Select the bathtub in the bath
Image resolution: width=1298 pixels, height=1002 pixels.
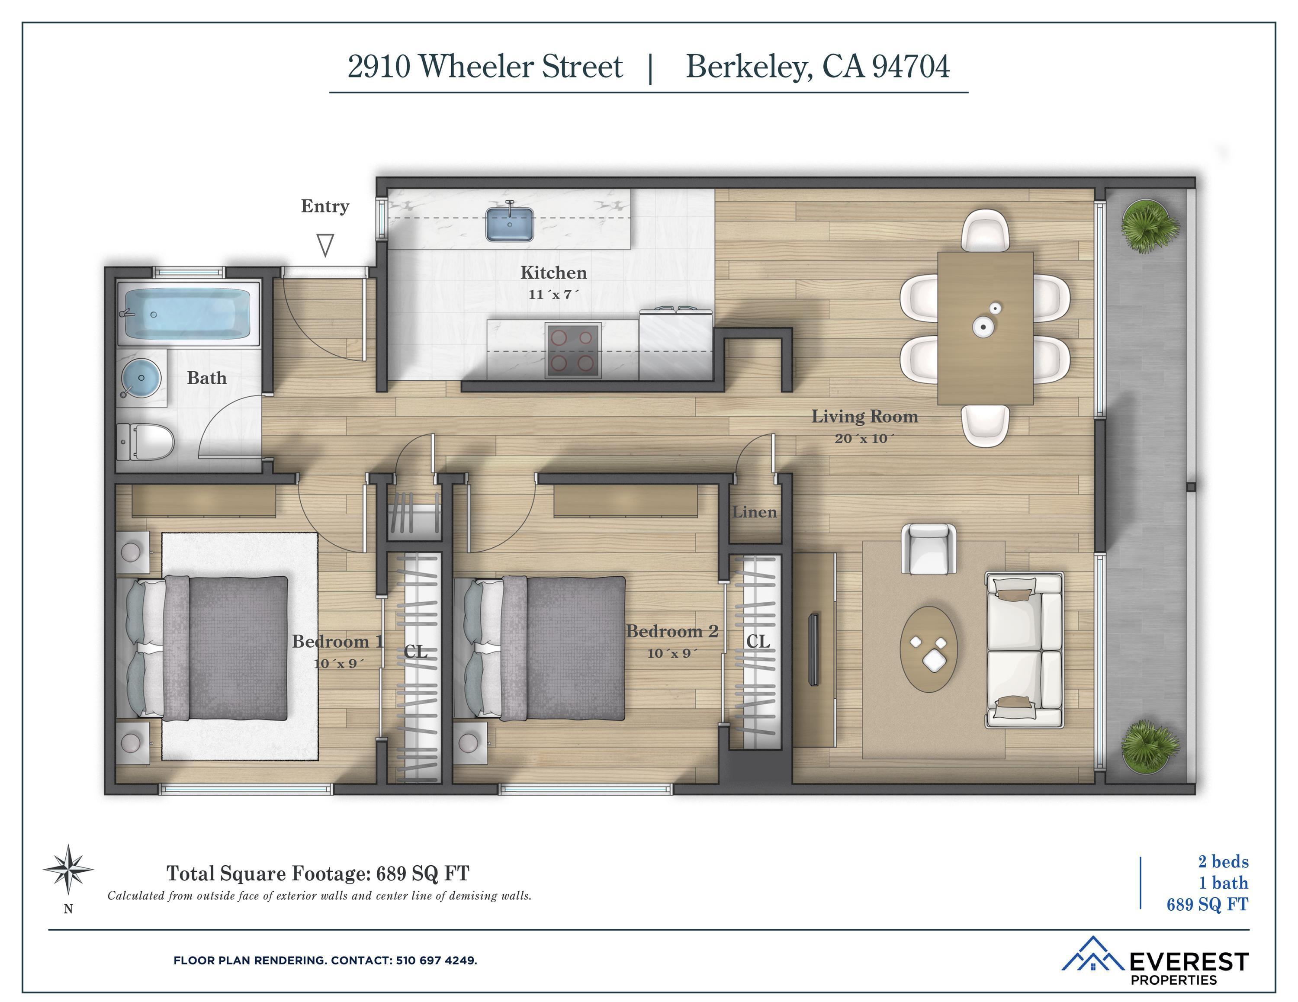(188, 314)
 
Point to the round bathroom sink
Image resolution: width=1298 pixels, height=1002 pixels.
(141, 377)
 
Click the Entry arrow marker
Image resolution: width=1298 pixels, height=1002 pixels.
(325, 245)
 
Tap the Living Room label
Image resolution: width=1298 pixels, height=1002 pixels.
(865, 416)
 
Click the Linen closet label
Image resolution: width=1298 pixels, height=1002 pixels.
(754, 512)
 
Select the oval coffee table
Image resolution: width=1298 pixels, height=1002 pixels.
(929, 649)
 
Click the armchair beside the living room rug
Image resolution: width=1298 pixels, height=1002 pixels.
(929, 549)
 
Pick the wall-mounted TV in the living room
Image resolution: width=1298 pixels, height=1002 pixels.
(813, 650)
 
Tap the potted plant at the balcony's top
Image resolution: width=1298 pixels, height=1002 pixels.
(1150, 226)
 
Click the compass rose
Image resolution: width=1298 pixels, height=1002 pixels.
(68, 870)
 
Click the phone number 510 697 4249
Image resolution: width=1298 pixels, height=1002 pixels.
(436, 960)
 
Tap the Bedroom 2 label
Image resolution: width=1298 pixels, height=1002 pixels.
(672, 631)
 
